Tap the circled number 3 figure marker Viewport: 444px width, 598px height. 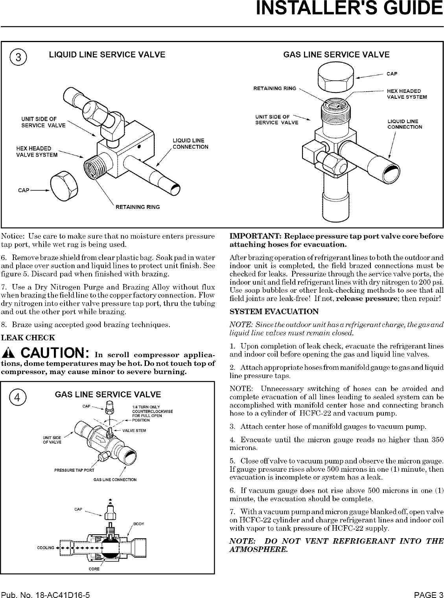18,57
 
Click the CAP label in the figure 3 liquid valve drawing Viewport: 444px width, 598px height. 24,190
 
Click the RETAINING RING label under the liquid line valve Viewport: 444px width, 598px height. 138,207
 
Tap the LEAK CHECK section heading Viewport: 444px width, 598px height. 28,338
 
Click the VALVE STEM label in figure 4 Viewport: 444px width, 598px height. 134,430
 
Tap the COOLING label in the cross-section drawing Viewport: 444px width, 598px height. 45,548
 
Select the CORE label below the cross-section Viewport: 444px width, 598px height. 94,569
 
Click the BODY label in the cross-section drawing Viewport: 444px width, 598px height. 139,524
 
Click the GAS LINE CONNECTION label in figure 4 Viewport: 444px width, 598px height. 115,480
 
